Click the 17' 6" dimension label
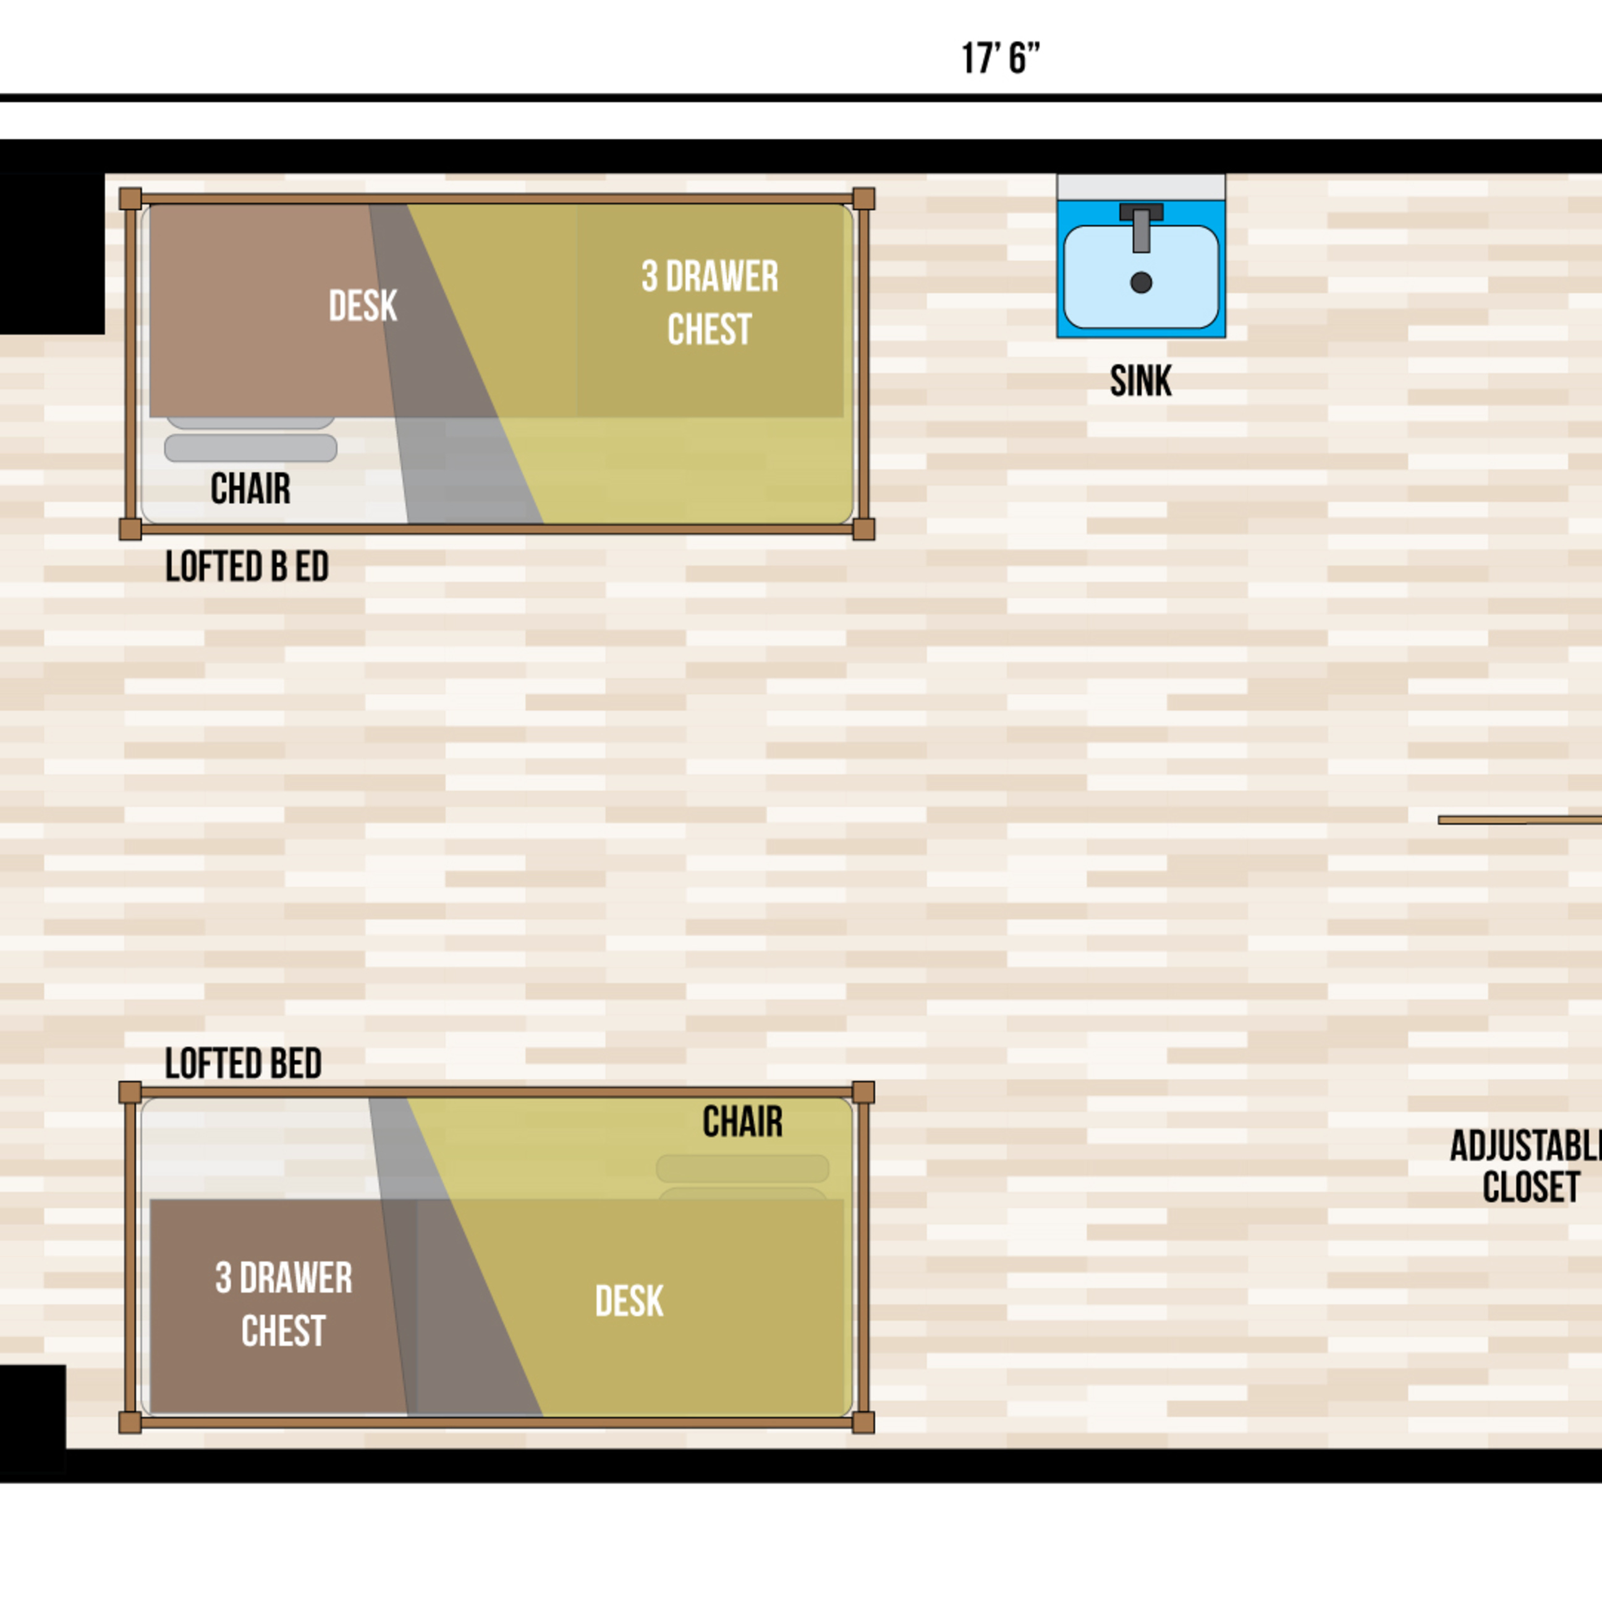pos(1000,59)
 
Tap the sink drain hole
pos(1141,282)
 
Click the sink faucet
pos(1141,226)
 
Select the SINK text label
pos(1141,381)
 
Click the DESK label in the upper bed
pos(362,306)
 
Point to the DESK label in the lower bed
pos(629,1301)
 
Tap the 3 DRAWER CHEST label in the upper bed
pos(710,303)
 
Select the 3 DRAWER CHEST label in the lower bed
pos(284,1304)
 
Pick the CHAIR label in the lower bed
pos(742,1122)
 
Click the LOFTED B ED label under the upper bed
pos(247,567)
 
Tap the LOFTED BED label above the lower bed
pos(243,1064)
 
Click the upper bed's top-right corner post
pos(863,199)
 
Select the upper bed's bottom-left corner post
pos(130,529)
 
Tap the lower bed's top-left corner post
pos(130,1092)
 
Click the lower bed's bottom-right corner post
pos(863,1422)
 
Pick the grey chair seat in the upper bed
pos(250,447)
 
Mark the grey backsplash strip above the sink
pos(1141,187)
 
